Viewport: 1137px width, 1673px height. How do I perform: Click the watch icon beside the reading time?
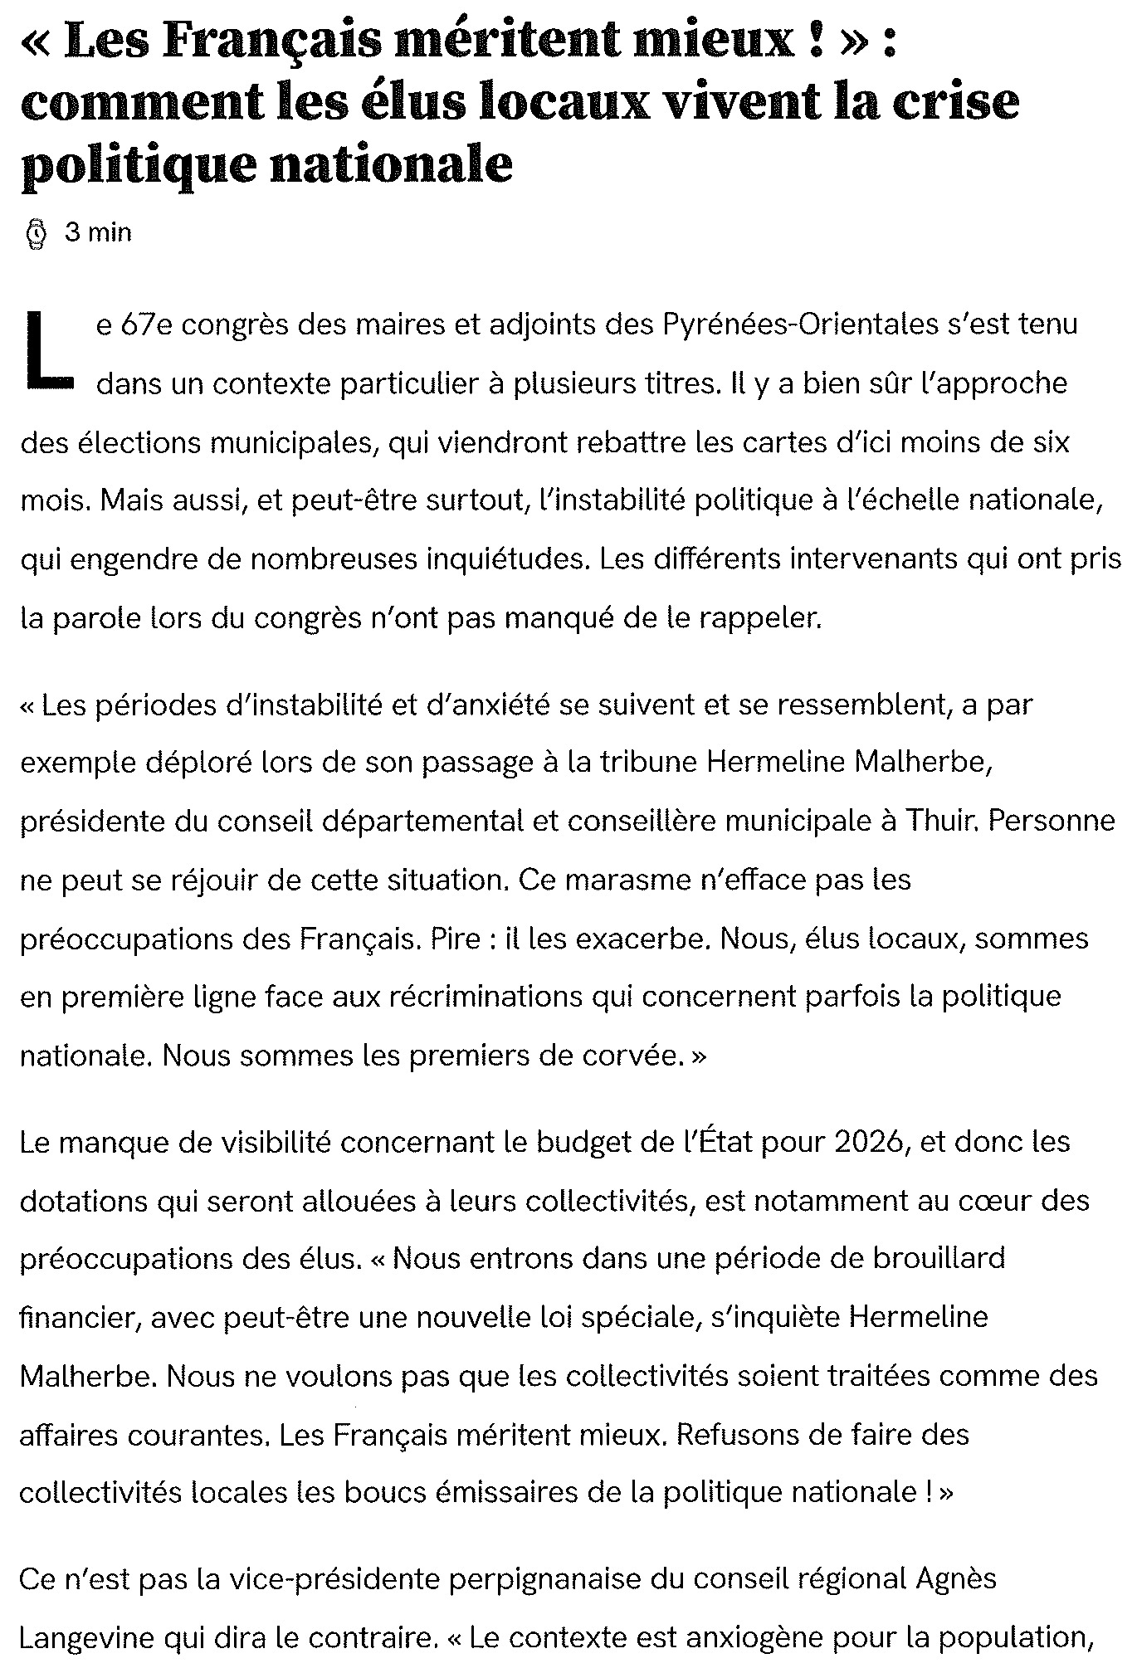click(37, 233)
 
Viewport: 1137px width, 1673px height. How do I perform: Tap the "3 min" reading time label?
click(98, 233)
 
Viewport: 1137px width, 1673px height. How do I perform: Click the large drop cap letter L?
click(48, 350)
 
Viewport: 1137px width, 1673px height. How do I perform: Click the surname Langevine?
click(79, 1637)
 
